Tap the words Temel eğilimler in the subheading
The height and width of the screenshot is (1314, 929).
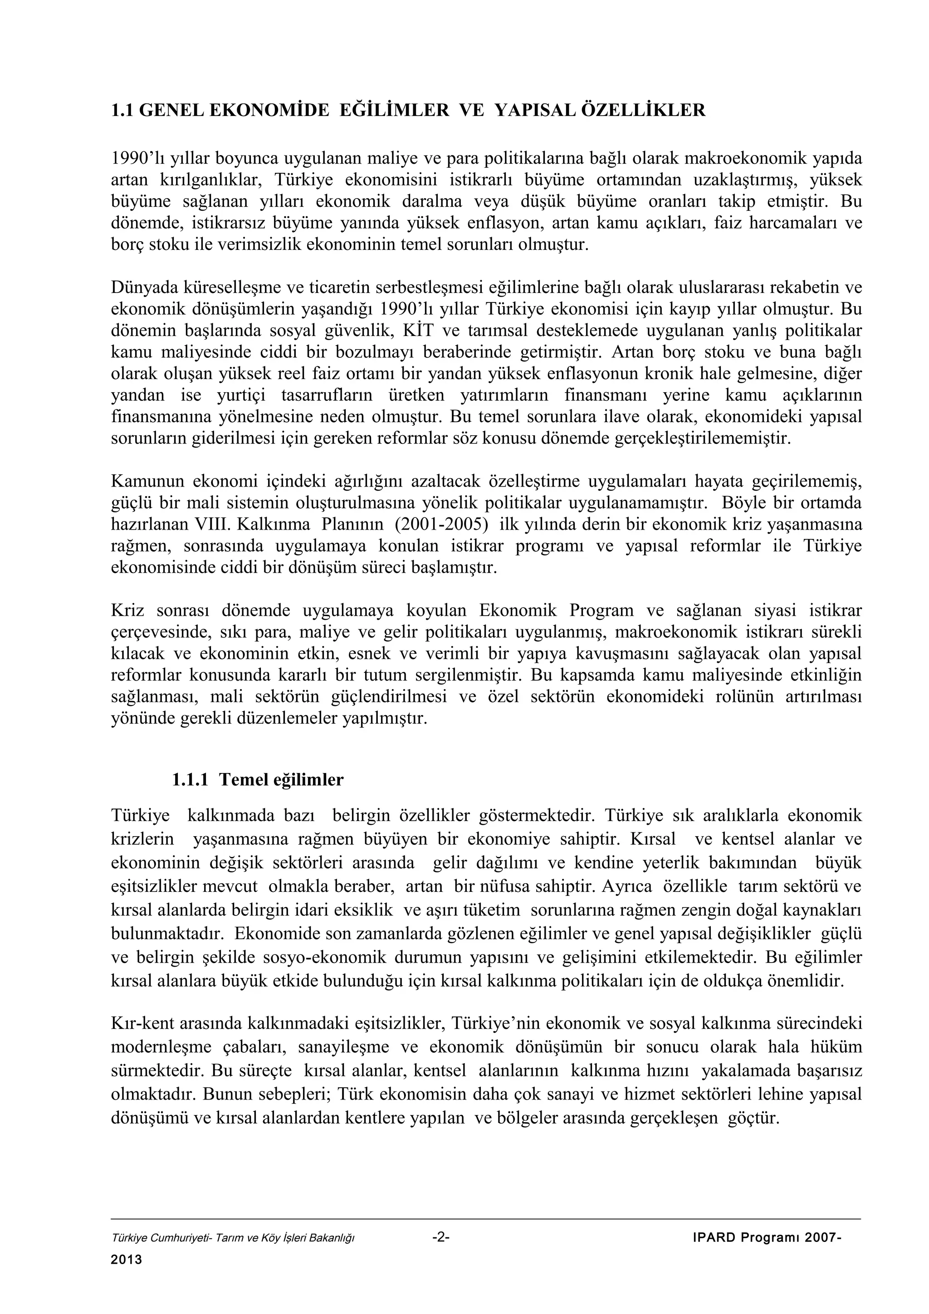click(281, 779)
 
